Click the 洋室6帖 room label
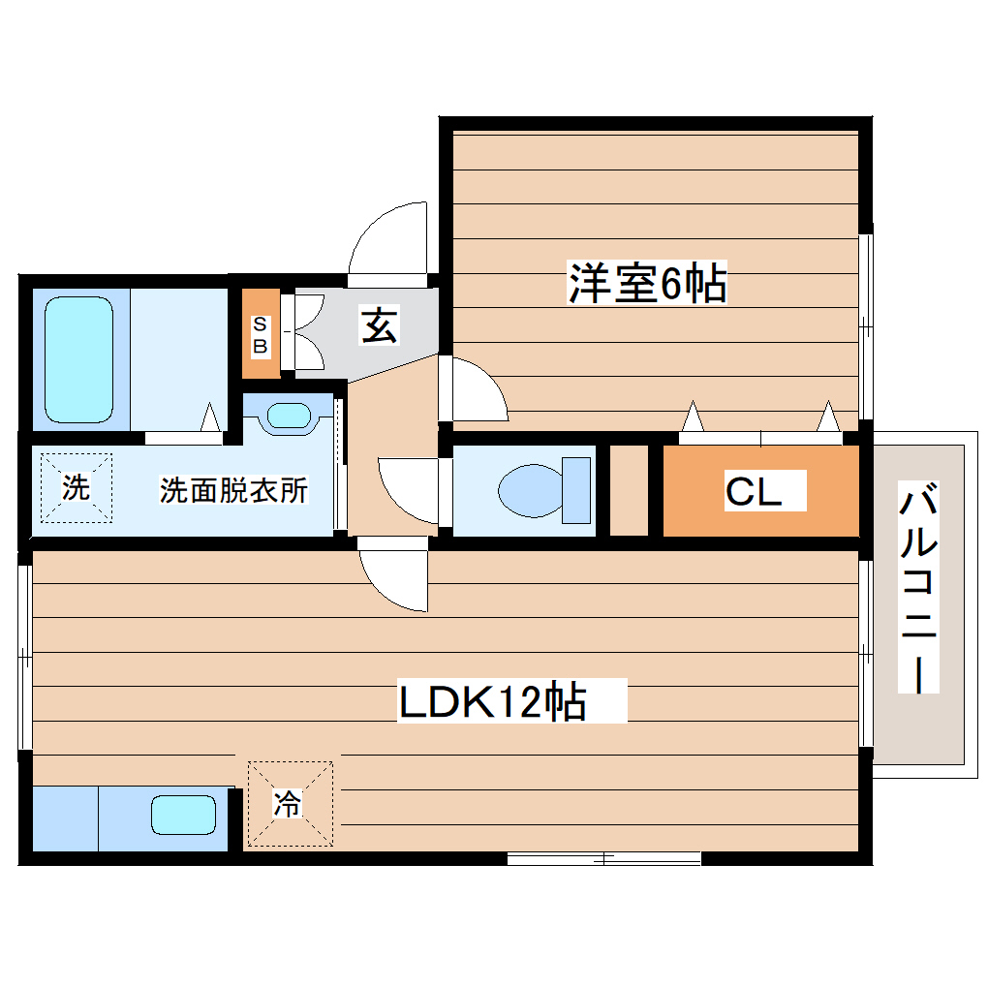coord(647,285)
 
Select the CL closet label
coord(754,492)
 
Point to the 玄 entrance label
coord(379,326)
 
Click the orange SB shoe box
coord(261,334)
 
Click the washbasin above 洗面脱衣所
coord(288,416)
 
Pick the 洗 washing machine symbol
coord(76,487)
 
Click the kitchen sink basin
coord(183,814)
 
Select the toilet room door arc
coord(407,489)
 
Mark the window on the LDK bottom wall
coord(603,857)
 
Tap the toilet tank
coord(577,489)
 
